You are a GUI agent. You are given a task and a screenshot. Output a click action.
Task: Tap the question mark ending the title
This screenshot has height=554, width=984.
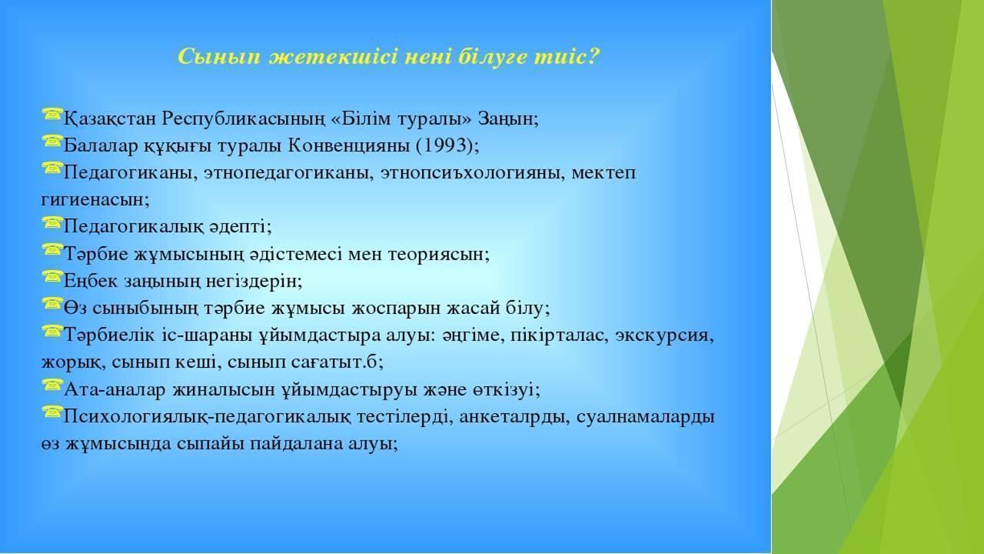pyautogui.click(x=593, y=57)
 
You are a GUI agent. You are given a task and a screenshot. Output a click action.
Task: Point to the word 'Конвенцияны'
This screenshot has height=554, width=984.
pyautogui.click(x=349, y=146)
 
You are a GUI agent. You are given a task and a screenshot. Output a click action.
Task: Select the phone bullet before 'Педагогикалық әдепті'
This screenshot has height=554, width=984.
pyautogui.click(x=52, y=222)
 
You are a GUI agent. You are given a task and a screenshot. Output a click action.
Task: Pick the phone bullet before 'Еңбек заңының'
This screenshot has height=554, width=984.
pyautogui.click(x=52, y=276)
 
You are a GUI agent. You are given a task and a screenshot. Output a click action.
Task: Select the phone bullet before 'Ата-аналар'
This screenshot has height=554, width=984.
pyautogui.click(x=52, y=385)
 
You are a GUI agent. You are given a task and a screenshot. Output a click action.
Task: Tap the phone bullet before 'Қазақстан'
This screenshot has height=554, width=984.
pyautogui.click(x=52, y=115)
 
